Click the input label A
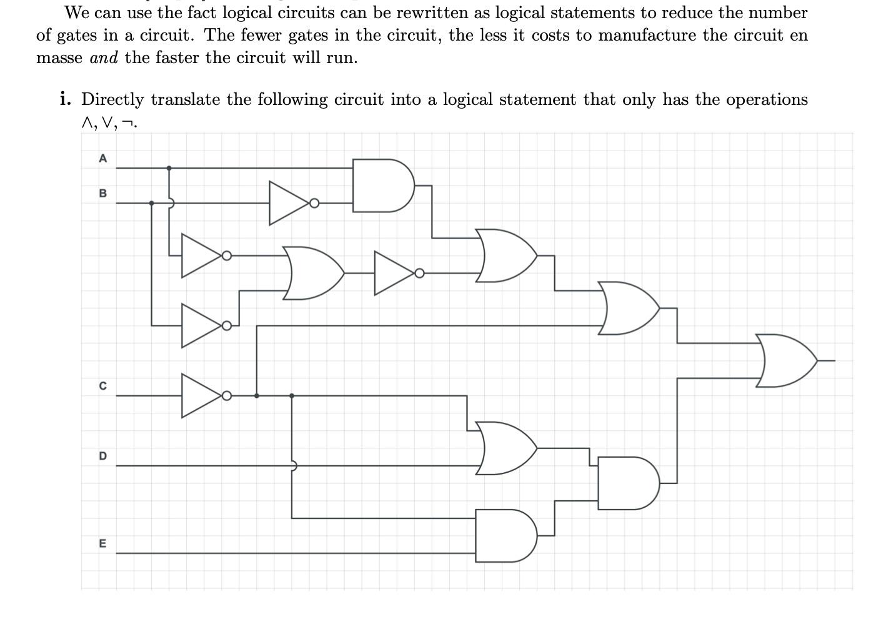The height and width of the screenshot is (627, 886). (103, 159)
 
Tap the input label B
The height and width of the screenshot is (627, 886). (103, 194)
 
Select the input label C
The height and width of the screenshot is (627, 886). (103, 387)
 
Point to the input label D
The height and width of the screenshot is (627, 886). (103, 457)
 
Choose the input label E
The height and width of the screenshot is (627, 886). (103, 544)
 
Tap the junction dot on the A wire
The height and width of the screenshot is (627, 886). (169, 168)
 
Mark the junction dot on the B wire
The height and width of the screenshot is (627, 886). (151, 203)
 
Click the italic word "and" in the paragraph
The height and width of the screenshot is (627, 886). (104, 58)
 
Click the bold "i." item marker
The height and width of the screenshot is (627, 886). (65, 99)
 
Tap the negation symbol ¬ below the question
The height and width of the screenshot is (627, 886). (127, 124)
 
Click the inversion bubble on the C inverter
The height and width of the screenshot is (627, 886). (227, 395)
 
